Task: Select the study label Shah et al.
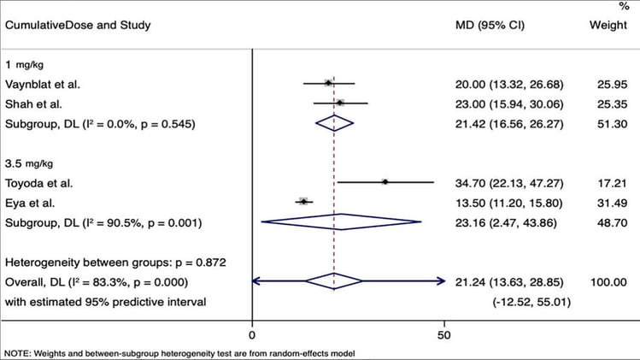pos(34,103)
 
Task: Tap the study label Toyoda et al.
pos(39,182)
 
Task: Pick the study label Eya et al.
pos(31,202)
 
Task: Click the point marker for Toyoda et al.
pos(385,182)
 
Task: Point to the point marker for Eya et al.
pos(302,202)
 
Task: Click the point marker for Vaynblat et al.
pos(328,83)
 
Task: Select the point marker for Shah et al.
pos(340,103)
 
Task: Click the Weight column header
pos(608,25)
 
